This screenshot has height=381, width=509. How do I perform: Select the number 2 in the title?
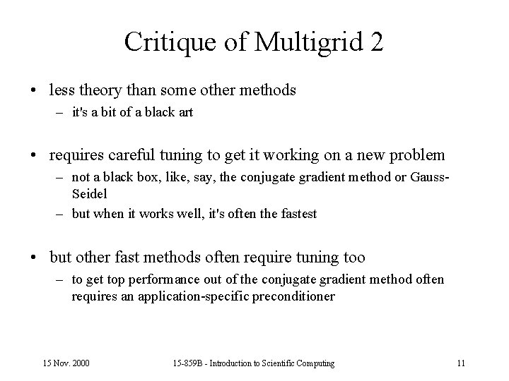click(376, 42)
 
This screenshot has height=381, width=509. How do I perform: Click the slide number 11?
click(461, 363)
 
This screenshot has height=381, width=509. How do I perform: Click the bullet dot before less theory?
click(35, 91)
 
